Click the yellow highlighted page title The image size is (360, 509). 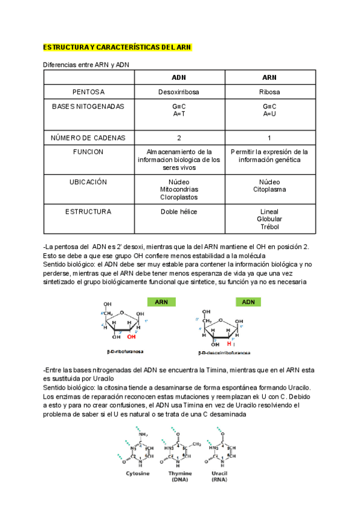tap(116, 47)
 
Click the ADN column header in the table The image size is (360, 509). tap(179, 77)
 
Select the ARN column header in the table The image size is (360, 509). tap(269, 77)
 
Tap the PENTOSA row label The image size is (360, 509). tap(88, 92)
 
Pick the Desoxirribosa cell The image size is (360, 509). tap(179, 92)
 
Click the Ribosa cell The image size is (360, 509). tap(269, 92)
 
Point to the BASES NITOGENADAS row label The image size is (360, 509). tap(88, 107)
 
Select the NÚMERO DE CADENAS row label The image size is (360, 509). tap(88, 137)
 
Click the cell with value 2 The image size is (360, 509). tap(179, 137)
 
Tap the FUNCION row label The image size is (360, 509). tap(88, 152)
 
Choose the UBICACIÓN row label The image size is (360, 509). tap(88, 182)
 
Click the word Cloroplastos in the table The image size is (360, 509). tap(179, 197)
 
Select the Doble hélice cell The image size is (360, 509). tap(179, 212)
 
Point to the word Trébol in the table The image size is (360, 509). tap(269, 227)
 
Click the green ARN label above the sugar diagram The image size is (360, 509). tap(161, 302)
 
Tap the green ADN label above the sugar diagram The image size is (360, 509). tap(248, 302)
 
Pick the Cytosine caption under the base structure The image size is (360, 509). tap(137, 474)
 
